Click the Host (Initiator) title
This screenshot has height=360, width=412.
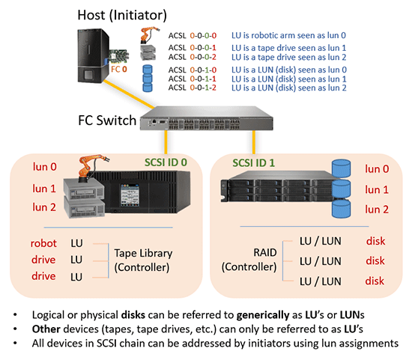point(122,15)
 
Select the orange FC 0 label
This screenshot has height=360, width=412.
point(119,70)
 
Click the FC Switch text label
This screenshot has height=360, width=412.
point(107,120)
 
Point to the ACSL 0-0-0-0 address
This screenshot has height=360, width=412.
point(193,35)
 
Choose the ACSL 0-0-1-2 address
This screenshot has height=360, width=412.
point(193,88)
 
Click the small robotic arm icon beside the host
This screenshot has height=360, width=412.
point(149,34)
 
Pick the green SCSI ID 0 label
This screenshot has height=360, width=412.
point(166,162)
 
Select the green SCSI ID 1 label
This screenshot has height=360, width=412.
point(253,163)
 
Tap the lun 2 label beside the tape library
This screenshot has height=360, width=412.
point(44,207)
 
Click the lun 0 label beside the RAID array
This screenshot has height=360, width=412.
point(377,169)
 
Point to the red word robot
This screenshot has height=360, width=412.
point(43,243)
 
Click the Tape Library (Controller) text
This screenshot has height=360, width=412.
point(143,260)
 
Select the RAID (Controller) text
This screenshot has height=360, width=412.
point(249,260)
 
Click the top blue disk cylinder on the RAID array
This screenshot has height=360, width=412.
point(341,168)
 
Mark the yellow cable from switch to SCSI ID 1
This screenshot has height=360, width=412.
point(253,142)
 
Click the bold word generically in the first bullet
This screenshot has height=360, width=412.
point(263,314)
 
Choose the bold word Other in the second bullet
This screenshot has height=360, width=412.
point(46,329)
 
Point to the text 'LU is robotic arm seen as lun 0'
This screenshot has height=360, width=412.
point(288,35)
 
